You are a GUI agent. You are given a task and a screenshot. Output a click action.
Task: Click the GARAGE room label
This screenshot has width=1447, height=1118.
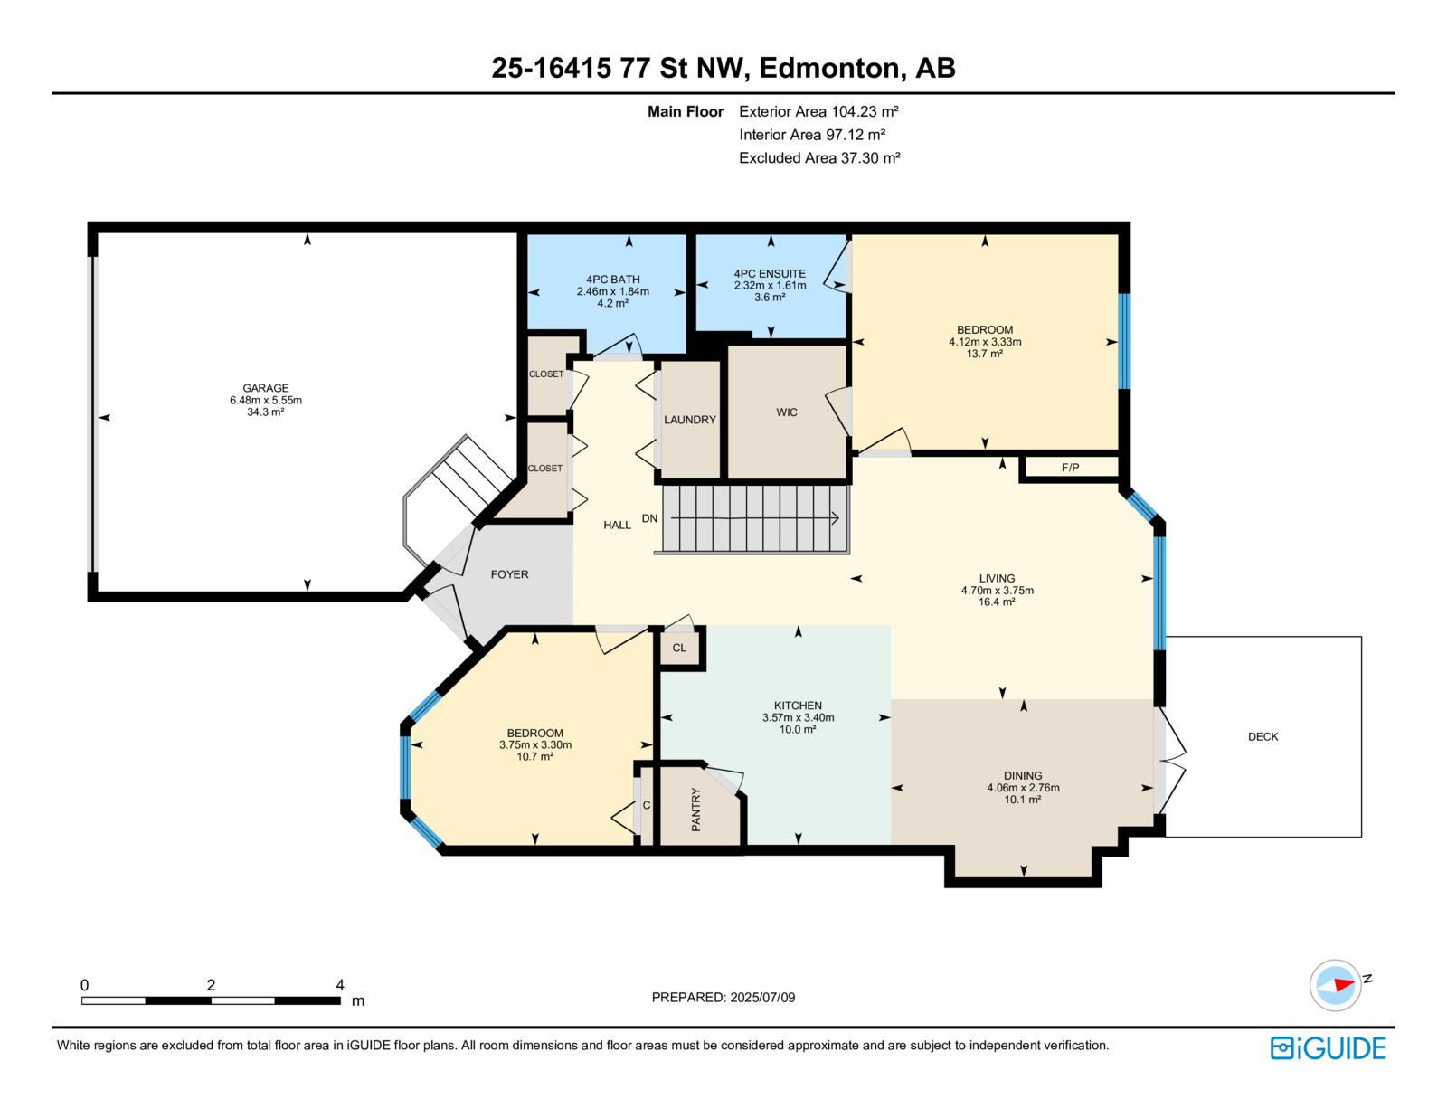point(265,387)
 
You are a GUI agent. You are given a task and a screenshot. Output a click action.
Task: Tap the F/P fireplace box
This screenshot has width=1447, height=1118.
point(1070,468)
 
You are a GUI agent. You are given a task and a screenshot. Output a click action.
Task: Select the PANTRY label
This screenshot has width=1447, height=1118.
point(695,810)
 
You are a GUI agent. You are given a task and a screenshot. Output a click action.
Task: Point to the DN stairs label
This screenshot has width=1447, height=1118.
point(649,518)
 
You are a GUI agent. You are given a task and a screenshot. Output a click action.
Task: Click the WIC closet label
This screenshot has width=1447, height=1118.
point(787,412)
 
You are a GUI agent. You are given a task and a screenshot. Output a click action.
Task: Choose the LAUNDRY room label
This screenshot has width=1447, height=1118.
point(690,420)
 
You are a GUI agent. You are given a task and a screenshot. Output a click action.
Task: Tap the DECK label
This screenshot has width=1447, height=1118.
point(1263,736)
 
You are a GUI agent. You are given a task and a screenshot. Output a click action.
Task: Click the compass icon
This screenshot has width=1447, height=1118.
point(1335,986)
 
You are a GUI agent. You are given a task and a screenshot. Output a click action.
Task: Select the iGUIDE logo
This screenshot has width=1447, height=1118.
point(1327,1048)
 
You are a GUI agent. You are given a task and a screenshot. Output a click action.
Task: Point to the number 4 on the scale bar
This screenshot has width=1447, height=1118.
point(340,985)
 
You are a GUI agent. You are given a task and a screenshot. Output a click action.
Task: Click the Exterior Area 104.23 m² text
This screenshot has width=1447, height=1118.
point(818,111)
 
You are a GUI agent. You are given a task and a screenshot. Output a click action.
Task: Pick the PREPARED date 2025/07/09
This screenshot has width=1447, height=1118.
point(762,997)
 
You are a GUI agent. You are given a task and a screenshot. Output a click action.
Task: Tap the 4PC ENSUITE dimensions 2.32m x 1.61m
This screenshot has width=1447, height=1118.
point(770,285)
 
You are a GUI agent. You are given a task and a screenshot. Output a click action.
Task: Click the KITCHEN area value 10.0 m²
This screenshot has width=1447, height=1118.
point(798,729)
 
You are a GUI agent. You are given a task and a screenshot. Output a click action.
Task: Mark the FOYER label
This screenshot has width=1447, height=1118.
point(509,574)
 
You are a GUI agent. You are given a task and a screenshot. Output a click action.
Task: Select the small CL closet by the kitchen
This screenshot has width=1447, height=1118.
point(679,648)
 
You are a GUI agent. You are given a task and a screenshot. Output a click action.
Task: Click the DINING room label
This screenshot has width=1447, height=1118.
point(1023,775)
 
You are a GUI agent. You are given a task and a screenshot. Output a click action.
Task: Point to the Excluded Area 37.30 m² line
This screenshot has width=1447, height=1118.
point(819,157)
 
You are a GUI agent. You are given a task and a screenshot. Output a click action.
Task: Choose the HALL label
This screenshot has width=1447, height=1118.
point(618,525)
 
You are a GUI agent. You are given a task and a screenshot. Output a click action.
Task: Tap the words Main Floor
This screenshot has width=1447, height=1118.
point(686,111)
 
